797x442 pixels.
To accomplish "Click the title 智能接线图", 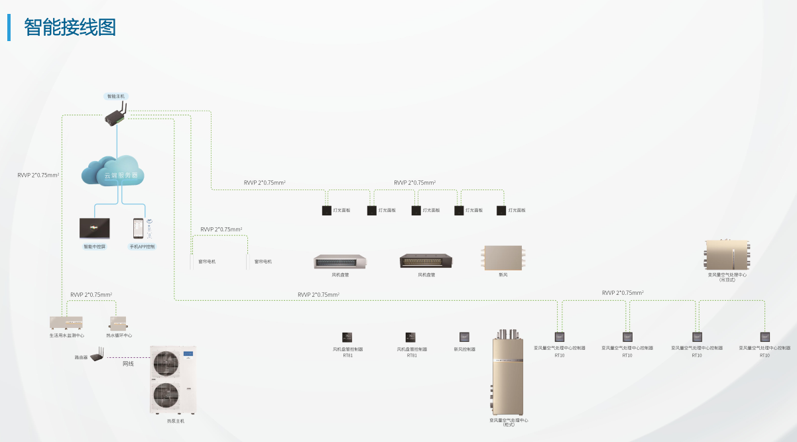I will tap(70, 28).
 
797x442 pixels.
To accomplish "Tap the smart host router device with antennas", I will tap(116, 117).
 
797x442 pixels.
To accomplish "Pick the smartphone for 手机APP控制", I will tap(138, 229).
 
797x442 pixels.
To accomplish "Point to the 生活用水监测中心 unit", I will tap(67, 323).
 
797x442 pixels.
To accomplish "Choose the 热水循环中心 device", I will tap(119, 323).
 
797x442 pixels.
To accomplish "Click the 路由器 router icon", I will tap(97, 357).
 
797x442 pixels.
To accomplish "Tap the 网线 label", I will tap(128, 364).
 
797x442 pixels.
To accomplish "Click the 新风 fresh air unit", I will tap(503, 258).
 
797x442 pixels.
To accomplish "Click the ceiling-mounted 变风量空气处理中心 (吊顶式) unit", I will tap(727, 254).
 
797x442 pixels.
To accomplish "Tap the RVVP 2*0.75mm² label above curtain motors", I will tap(221, 229).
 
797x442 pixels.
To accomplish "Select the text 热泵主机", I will tap(176, 421).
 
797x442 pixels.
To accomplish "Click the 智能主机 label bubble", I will tap(116, 96).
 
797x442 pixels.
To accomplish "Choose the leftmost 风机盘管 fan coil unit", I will tap(340, 262).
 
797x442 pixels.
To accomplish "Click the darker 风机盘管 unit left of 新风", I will tap(426, 261).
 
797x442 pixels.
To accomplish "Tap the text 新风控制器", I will tap(465, 349).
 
